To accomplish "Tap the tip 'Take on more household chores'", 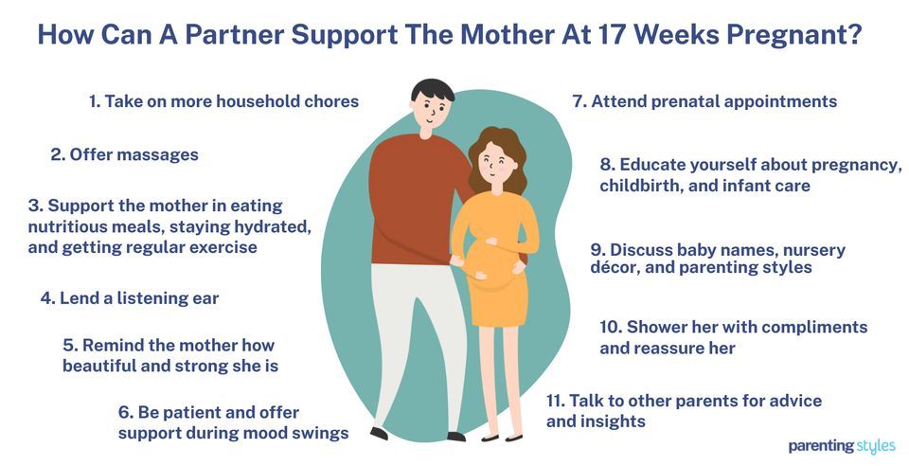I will click(x=224, y=101).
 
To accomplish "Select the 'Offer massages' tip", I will click(x=124, y=154).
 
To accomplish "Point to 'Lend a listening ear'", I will click(x=130, y=297).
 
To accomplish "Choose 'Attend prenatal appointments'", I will click(x=704, y=101).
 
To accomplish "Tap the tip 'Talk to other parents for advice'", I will click(x=684, y=401).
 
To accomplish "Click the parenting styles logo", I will click(x=841, y=445).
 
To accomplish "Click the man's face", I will click(x=432, y=111).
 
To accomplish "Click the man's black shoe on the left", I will click(x=380, y=434).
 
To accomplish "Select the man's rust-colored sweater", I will click(x=409, y=199).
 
